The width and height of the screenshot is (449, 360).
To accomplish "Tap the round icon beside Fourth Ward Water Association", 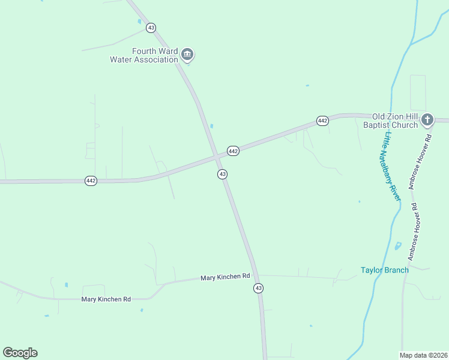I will (187, 55).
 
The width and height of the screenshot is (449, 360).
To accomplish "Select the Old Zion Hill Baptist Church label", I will (394, 121).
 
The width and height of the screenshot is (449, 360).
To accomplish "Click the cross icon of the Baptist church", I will (427, 119).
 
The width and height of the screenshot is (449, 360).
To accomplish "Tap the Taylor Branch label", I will (384, 270).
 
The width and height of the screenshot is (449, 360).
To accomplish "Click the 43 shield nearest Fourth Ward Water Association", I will (151, 28).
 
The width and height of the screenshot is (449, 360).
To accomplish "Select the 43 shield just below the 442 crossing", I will (222, 174).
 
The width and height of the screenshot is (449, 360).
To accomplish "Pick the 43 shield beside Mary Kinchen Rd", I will (258, 289).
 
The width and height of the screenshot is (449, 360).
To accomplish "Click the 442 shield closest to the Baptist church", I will (322, 121).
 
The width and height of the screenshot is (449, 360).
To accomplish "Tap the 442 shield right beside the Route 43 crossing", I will (233, 151).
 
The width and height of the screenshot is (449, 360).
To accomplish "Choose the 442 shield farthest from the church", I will (91, 181).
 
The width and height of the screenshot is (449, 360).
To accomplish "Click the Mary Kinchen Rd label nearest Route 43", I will (225, 277).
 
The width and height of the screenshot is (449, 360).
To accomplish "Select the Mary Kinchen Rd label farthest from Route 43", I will (106, 299).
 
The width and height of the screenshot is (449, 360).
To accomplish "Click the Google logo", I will (20, 353).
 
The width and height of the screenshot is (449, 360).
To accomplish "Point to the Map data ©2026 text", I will (423, 355).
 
